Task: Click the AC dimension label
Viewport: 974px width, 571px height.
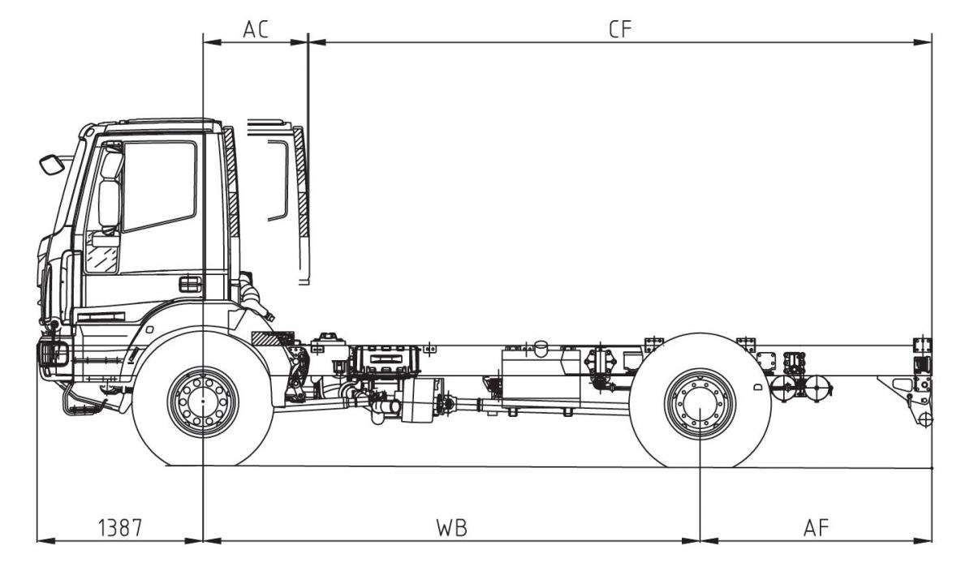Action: tap(256, 29)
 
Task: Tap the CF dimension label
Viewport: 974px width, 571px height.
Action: tap(620, 29)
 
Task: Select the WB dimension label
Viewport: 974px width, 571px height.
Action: tap(451, 527)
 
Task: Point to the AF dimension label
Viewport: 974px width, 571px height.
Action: tap(817, 527)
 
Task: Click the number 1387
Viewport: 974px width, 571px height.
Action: tap(120, 527)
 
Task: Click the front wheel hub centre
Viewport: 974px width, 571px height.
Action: tap(203, 402)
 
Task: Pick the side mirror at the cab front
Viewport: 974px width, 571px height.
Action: tap(52, 164)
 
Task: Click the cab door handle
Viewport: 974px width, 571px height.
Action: tap(190, 284)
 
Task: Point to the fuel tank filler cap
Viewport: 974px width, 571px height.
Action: tap(537, 346)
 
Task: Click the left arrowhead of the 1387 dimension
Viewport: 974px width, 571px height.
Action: tap(42, 540)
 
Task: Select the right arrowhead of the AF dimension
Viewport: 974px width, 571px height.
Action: tap(927, 540)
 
